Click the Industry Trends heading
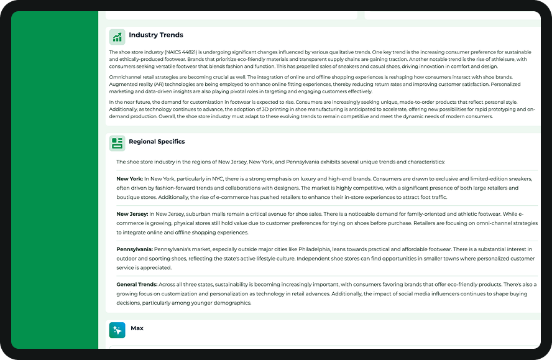coord(156,35)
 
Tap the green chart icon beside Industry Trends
coord(117,37)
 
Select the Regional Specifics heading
coord(157,142)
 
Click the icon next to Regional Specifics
coord(117,143)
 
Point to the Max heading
coord(137,328)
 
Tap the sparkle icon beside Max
coord(117,330)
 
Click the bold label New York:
coord(129,179)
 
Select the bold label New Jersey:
coord(131,215)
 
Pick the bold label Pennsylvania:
coord(134,249)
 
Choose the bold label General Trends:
coord(137,285)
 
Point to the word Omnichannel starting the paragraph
coord(124,77)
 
